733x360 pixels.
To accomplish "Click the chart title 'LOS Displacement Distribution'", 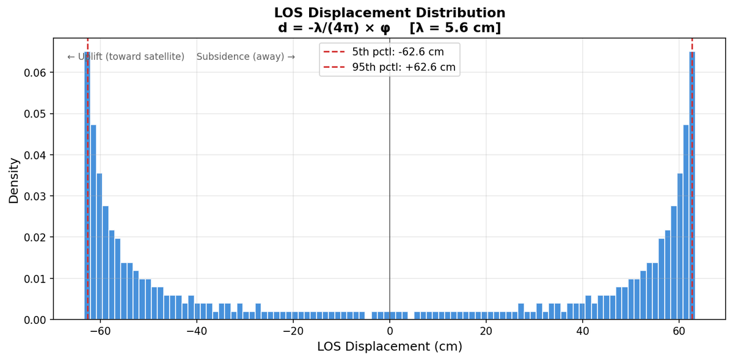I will tap(389, 13).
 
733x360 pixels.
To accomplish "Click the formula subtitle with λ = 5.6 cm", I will tap(389, 28).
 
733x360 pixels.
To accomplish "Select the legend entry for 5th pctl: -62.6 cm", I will tap(398, 52).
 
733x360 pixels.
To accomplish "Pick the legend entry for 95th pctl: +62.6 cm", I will tap(403, 67).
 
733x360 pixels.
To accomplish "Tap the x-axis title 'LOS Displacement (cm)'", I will tap(389, 347).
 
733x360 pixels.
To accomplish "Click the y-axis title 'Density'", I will tap(13, 180).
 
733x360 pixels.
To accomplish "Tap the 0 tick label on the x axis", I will tap(390, 331).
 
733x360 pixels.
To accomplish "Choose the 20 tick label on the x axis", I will tap(486, 331).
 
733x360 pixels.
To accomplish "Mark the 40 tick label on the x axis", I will tap(583, 331).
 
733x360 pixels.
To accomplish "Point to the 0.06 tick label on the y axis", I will tap(35, 73).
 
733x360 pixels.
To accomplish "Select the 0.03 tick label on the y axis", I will tap(35, 196).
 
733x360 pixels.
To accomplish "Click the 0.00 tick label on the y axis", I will tap(35, 320).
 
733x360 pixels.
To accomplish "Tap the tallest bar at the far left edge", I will tap(87, 183).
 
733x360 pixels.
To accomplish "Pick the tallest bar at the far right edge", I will tap(692, 183).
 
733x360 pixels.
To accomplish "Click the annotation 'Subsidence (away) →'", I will tap(246, 57).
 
